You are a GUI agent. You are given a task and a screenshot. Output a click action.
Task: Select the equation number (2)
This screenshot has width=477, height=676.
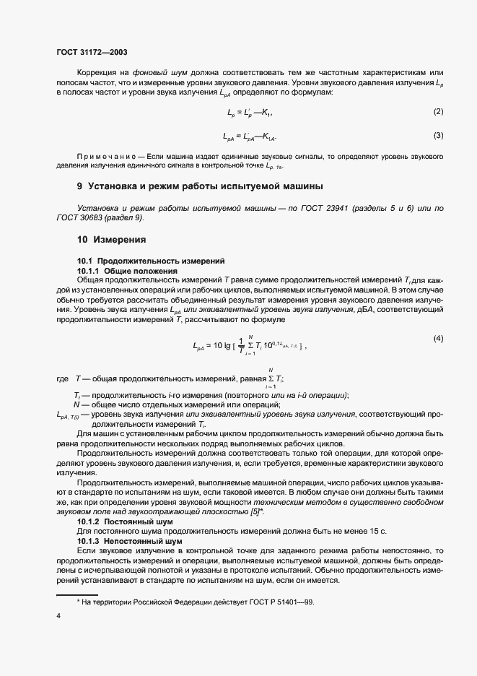pyautogui.click(x=437, y=111)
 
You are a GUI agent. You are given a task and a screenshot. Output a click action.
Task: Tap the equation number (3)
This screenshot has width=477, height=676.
pyautogui.click(x=437, y=135)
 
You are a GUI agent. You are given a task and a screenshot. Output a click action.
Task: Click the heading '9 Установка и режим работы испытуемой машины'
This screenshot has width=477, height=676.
pyautogui.click(x=199, y=186)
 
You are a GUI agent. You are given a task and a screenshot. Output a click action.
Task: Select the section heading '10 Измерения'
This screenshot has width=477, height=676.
pyautogui.click(x=112, y=240)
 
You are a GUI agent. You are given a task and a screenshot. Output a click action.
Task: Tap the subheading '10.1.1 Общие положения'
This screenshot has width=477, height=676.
pyautogui.click(x=127, y=270)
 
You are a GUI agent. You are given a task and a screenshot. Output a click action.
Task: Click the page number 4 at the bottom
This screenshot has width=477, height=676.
pyautogui.click(x=58, y=615)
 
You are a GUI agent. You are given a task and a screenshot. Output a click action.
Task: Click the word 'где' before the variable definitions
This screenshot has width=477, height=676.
pyautogui.click(x=61, y=378)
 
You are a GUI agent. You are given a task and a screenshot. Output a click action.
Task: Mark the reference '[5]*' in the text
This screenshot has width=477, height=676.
pyautogui.click(x=255, y=511)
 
